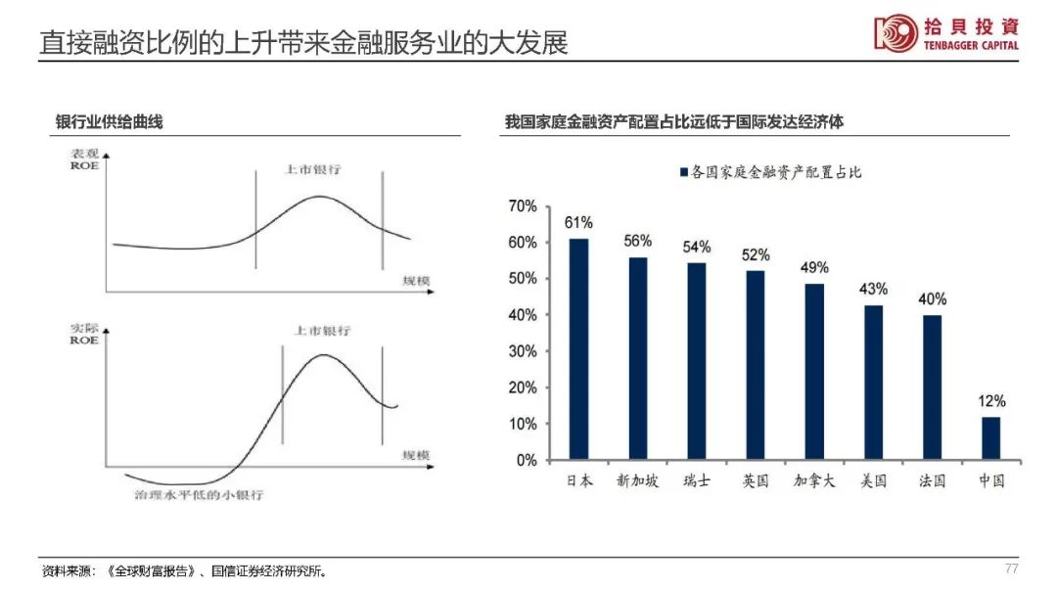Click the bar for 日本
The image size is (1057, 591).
579,348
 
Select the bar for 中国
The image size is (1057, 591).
990,437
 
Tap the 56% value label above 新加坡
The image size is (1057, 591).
638,241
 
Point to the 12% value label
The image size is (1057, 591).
990,400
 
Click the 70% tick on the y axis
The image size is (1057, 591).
523,206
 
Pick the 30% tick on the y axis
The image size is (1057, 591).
523,351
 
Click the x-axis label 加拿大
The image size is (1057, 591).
814,480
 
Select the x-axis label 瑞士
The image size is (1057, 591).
697,480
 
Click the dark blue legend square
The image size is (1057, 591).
683,172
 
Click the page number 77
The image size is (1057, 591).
1012,568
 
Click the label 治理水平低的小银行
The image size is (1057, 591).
199,494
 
